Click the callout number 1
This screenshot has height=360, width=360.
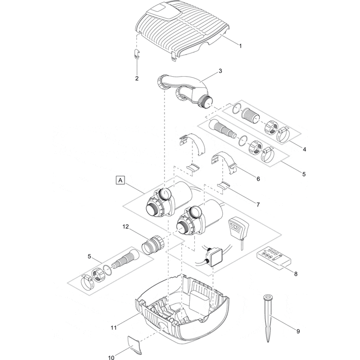[240, 46]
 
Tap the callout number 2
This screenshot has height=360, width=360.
[137, 78]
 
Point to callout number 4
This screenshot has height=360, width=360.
[304, 149]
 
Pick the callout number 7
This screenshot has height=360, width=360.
[258, 204]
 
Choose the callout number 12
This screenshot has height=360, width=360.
[125, 226]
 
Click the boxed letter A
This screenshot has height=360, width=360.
[120, 181]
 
